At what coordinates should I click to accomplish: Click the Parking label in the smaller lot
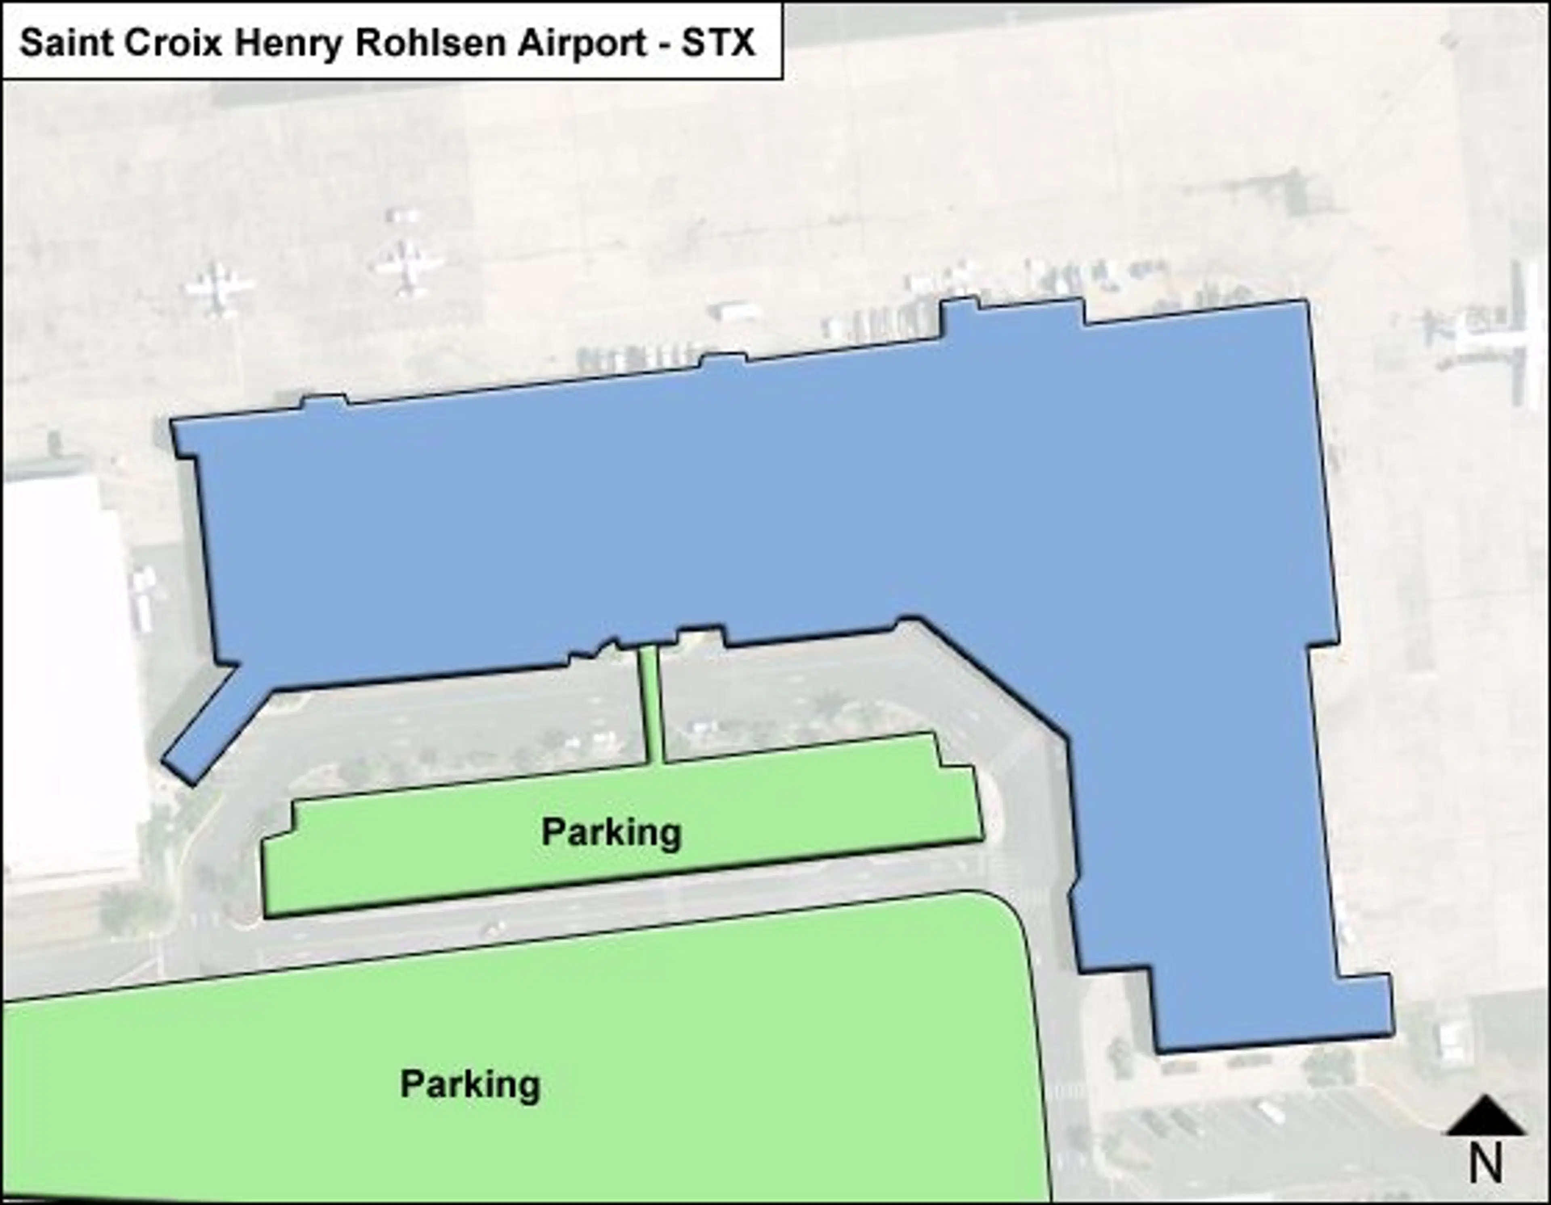click(612, 832)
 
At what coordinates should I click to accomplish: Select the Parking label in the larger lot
click(470, 1084)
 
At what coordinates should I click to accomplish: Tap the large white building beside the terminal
click(67, 675)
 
